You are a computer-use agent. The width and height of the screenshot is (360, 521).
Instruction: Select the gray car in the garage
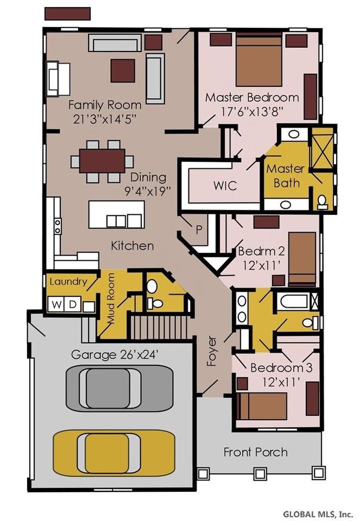tap(120, 388)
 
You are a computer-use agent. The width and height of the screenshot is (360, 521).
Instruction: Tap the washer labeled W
tap(57, 305)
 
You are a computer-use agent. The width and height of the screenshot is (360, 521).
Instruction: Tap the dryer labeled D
tap(73, 305)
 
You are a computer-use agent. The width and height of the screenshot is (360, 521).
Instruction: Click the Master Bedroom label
tap(252, 97)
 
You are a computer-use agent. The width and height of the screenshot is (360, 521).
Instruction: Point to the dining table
tap(102, 161)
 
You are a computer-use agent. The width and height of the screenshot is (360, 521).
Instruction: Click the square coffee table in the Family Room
tap(122, 70)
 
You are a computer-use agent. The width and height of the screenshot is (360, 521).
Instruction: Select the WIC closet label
tap(225, 185)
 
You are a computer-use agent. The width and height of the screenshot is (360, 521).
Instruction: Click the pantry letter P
tap(199, 230)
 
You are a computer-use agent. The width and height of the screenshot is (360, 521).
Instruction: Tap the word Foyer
tap(212, 351)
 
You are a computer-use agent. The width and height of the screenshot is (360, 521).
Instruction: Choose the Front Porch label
tap(256, 452)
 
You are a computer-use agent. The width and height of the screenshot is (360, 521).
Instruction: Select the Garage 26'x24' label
tap(114, 355)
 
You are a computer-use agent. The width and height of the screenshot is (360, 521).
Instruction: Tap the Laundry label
tap(68, 282)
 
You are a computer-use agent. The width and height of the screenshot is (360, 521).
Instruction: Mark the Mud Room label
tap(111, 298)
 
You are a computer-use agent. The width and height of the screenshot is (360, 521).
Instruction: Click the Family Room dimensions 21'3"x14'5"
tap(105, 119)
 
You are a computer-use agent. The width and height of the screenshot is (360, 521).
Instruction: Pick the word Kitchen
tap(132, 246)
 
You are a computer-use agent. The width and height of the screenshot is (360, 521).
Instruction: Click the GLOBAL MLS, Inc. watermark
tap(318, 514)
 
